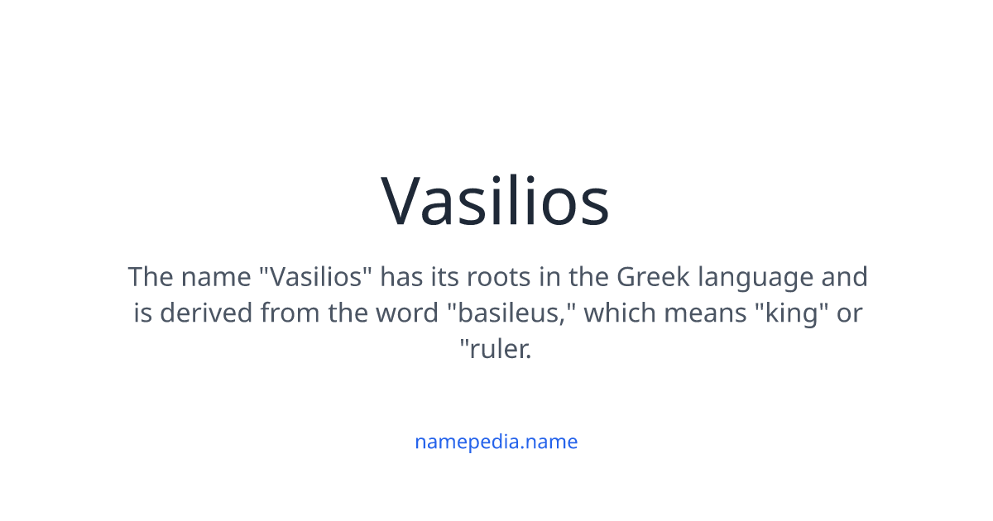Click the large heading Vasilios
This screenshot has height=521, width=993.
tap(495, 201)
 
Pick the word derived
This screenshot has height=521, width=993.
tap(206, 313)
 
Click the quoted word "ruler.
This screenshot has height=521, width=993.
tap(496, 349)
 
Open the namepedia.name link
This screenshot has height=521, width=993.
tap(496, 442)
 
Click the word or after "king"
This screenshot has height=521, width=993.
tap(849, 313)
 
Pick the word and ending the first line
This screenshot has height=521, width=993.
tap(844, 276)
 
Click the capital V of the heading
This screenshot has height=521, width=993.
tap(405, 201)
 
